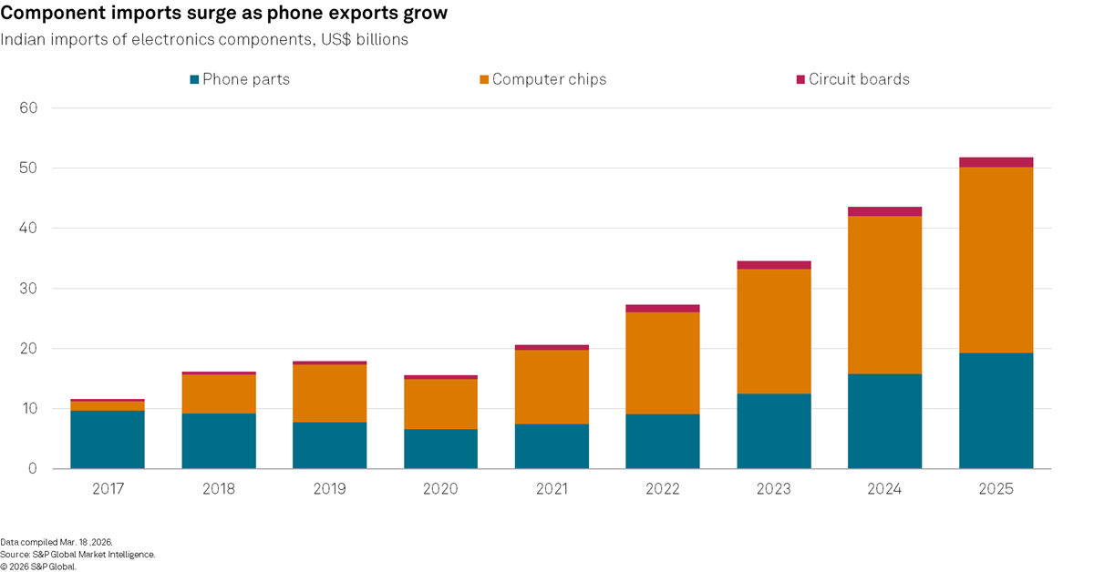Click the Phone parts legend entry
coord(240,79)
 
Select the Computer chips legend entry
coord(542,79)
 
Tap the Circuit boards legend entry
coord(851,79)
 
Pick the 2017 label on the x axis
coord(108,489)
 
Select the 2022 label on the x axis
coord(663,489)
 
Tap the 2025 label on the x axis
coord(996,489)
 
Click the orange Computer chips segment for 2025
coord(996,260)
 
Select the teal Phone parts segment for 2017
coord(108,440)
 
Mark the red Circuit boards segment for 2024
coord(884,211)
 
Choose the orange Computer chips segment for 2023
coord(774,332)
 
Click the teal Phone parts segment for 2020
coord(440,449)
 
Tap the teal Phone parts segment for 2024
coord(884,422)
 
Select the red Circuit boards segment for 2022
coord(663,309)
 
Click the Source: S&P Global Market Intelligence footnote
coord(77,554)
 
